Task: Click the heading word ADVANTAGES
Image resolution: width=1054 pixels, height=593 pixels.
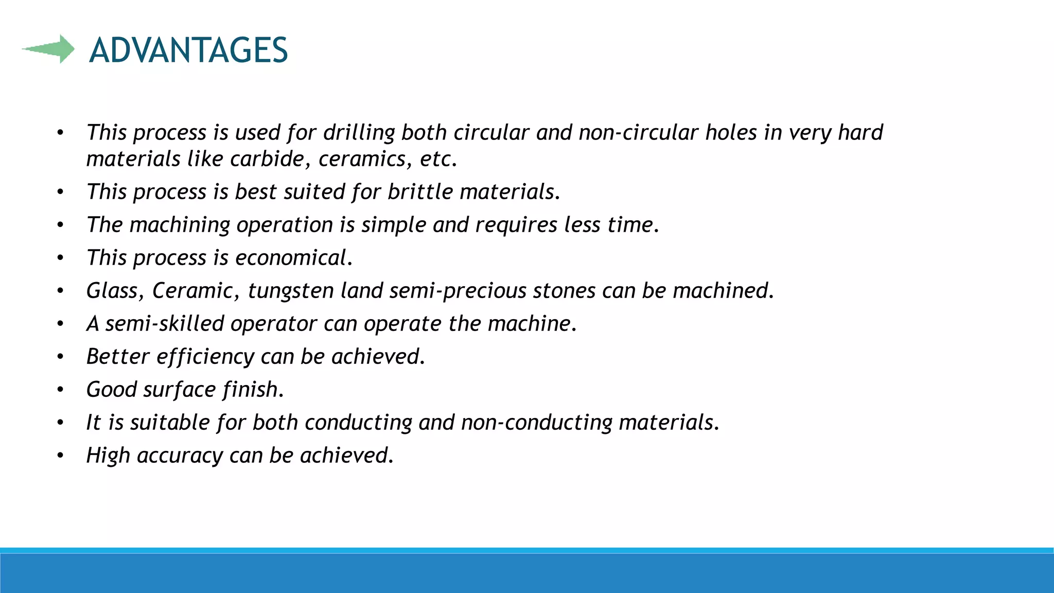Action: click(x=188, y=50)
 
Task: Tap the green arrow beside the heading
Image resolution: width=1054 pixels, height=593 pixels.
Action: click(x=49, y=49)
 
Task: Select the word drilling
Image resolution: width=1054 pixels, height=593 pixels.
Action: click(x=359, y=133)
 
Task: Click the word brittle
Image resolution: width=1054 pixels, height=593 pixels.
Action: click(x=420, y=192)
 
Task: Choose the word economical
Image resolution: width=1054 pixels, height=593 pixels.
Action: click(x=293, y=258)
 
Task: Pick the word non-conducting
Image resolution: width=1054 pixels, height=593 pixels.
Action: click(x=537, y=423)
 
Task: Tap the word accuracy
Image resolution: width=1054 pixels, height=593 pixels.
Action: click(x=179, y=456)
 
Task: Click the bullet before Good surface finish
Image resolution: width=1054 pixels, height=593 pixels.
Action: click(x=60, y=390)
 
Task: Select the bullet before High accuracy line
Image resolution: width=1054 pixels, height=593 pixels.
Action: click(x=60, y=456)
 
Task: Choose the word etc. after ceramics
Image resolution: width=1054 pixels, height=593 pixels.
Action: click(x=438, y=159)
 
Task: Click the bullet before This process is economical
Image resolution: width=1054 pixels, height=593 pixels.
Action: click(x=60, y=258)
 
